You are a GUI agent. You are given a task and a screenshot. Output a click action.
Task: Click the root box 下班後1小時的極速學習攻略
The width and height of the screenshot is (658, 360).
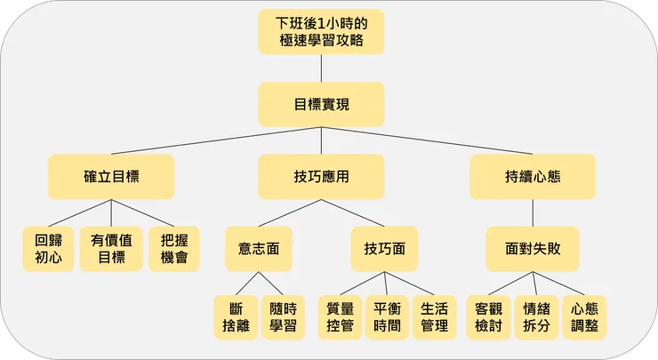[x=322, y=32]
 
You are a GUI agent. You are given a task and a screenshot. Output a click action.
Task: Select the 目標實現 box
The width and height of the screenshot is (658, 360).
[x=322, y=104]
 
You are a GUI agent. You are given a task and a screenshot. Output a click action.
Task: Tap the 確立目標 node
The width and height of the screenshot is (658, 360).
[x=111, y=176]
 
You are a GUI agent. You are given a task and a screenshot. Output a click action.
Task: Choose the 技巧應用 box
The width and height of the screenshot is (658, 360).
[x=322, y=176]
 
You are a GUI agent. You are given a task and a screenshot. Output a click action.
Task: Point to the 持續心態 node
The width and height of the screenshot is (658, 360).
[x=533, y=176]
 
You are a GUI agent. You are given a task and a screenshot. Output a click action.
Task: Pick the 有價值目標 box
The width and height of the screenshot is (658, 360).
[x=111, y=249]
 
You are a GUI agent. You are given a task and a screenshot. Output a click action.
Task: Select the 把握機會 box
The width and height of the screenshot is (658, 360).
[x=174, y=249]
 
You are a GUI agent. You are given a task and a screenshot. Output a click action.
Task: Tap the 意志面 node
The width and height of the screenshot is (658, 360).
[x=259, y=249]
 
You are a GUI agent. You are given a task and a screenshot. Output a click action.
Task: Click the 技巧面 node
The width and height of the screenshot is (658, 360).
[x=385, y=249]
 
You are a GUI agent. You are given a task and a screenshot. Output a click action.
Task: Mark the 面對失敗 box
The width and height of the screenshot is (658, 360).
[x=533, y=249]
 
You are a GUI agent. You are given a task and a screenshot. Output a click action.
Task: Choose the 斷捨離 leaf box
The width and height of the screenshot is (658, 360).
[x=236, y=317]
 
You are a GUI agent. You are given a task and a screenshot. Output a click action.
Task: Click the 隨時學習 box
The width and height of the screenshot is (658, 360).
[x=284, y=317]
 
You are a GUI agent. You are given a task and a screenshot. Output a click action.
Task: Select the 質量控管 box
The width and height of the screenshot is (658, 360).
[x=341, y=317]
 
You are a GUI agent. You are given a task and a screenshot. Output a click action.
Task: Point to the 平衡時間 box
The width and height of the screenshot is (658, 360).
[x=387, y=317]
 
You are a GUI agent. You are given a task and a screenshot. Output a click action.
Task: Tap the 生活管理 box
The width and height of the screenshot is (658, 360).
[x=434, y=317]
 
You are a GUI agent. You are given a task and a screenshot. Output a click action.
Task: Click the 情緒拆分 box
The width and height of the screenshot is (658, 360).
[x=536, y=317]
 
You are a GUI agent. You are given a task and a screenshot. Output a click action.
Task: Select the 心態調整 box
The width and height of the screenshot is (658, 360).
[x=584, y=317]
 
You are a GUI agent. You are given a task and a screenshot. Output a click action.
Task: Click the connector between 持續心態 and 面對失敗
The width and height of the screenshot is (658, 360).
[x=533, y=212]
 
